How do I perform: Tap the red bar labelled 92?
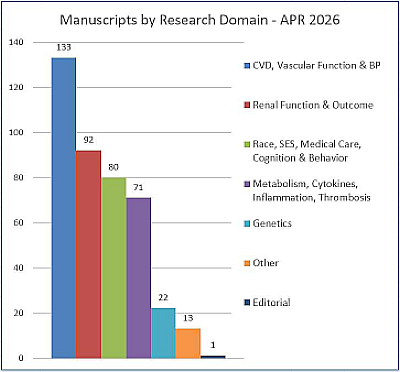click(x=88, y=254)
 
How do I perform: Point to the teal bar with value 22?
click(x=163, y=332)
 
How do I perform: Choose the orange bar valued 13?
click(x=187, y=342)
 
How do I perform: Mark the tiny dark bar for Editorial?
click(x=212, y=356)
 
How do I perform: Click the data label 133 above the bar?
click(x=64, y=47)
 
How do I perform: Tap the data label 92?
click(x=88, y=140)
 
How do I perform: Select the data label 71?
click(x=138, y=187)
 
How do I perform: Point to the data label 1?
click(x=212, y=345)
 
